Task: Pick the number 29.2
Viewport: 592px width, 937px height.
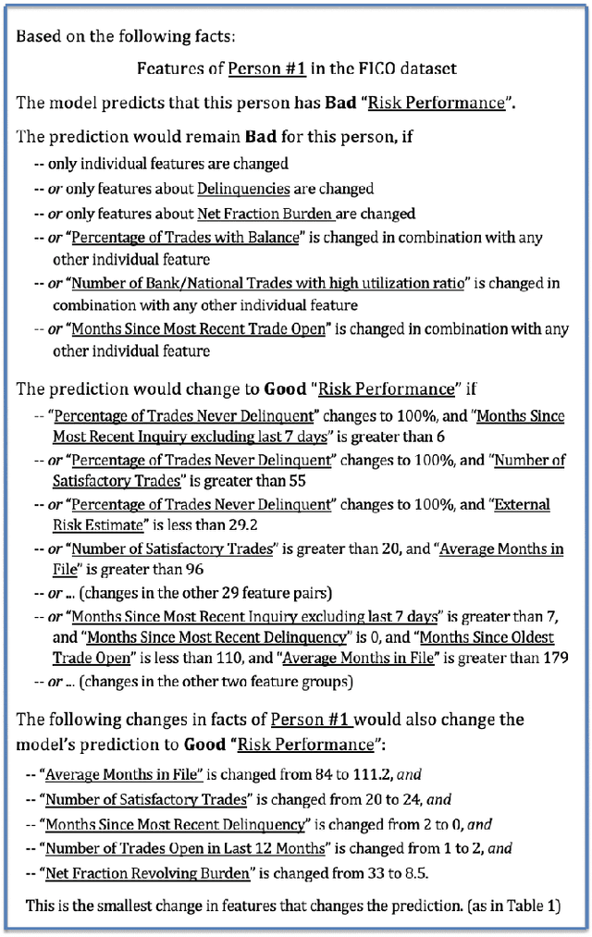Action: point(227,526)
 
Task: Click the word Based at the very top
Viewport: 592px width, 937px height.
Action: point(37,36)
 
